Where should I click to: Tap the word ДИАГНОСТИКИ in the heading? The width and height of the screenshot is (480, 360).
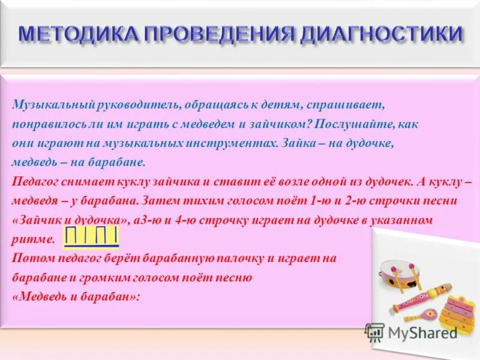[x=381, y=33]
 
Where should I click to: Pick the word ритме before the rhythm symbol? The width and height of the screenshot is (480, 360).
[x=33, y=240]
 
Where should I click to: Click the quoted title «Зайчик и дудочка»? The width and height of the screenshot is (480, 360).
[x=71, y=220]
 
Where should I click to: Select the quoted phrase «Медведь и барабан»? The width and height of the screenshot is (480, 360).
[x=76, y=297]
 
